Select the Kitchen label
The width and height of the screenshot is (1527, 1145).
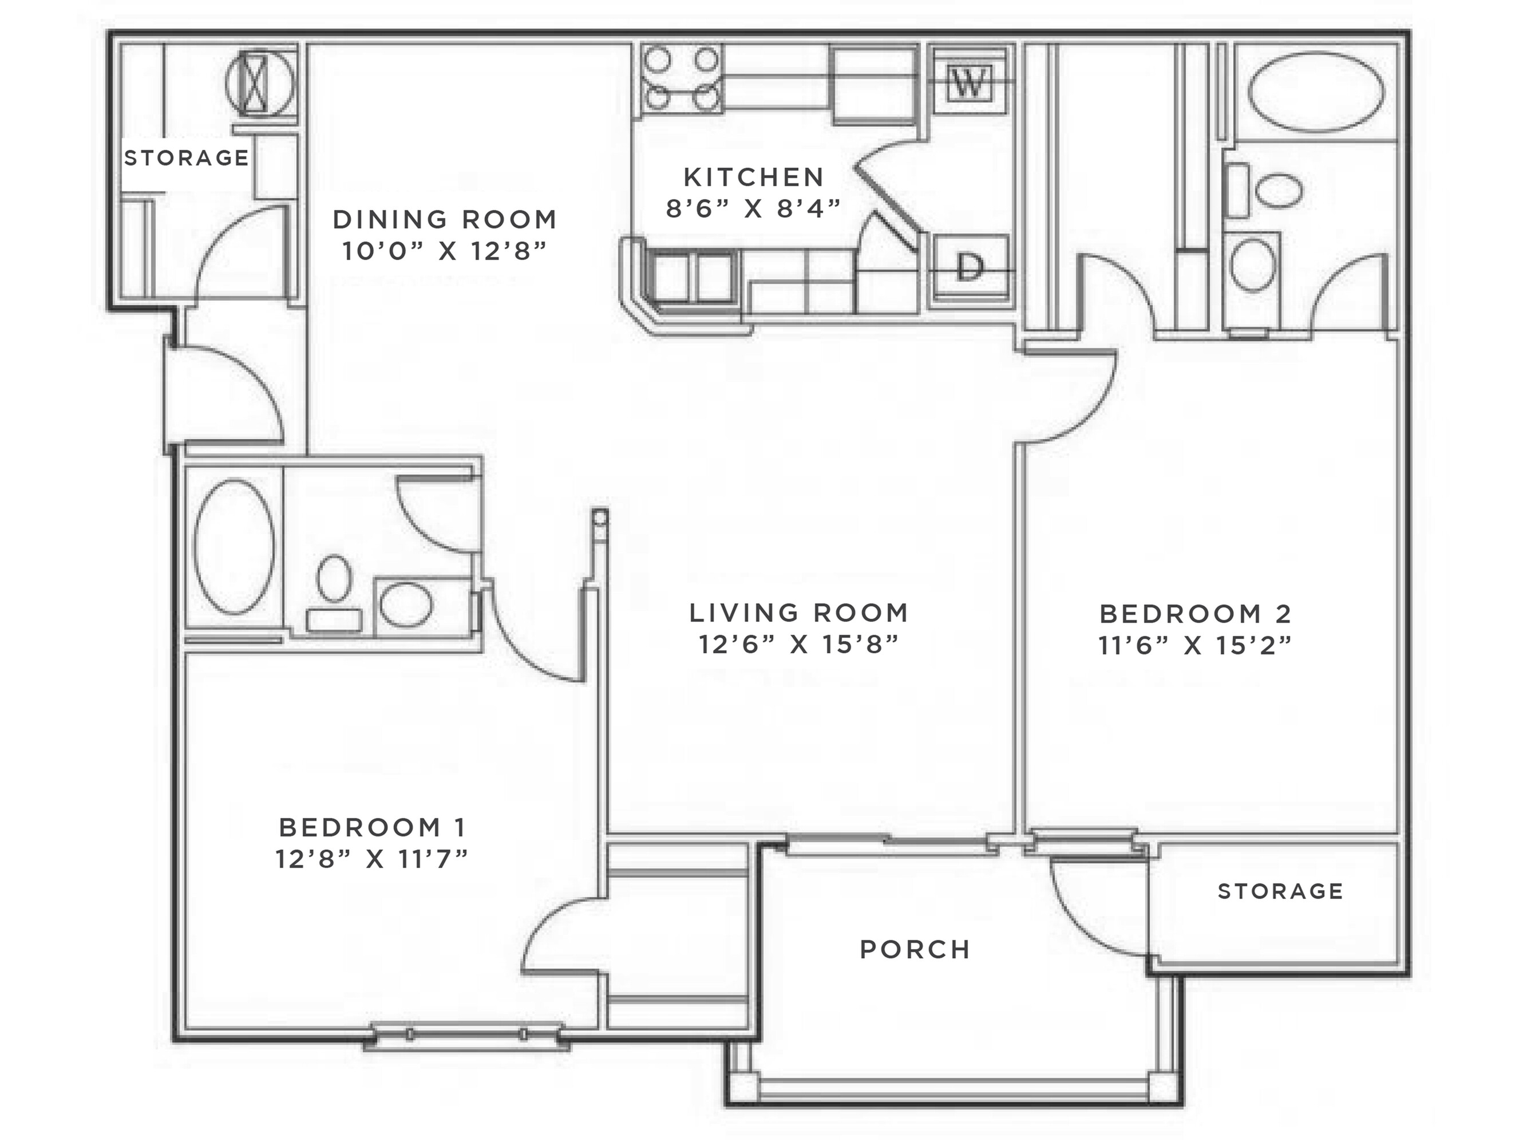[754, 177]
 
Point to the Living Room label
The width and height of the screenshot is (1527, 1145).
[799, 613]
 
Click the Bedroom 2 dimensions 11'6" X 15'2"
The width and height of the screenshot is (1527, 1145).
[1195, 646]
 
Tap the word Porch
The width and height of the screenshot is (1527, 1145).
[915, 950]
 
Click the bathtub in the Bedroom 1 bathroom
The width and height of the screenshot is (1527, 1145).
[234, 546]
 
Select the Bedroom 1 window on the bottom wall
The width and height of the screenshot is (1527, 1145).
[466, 1035]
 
